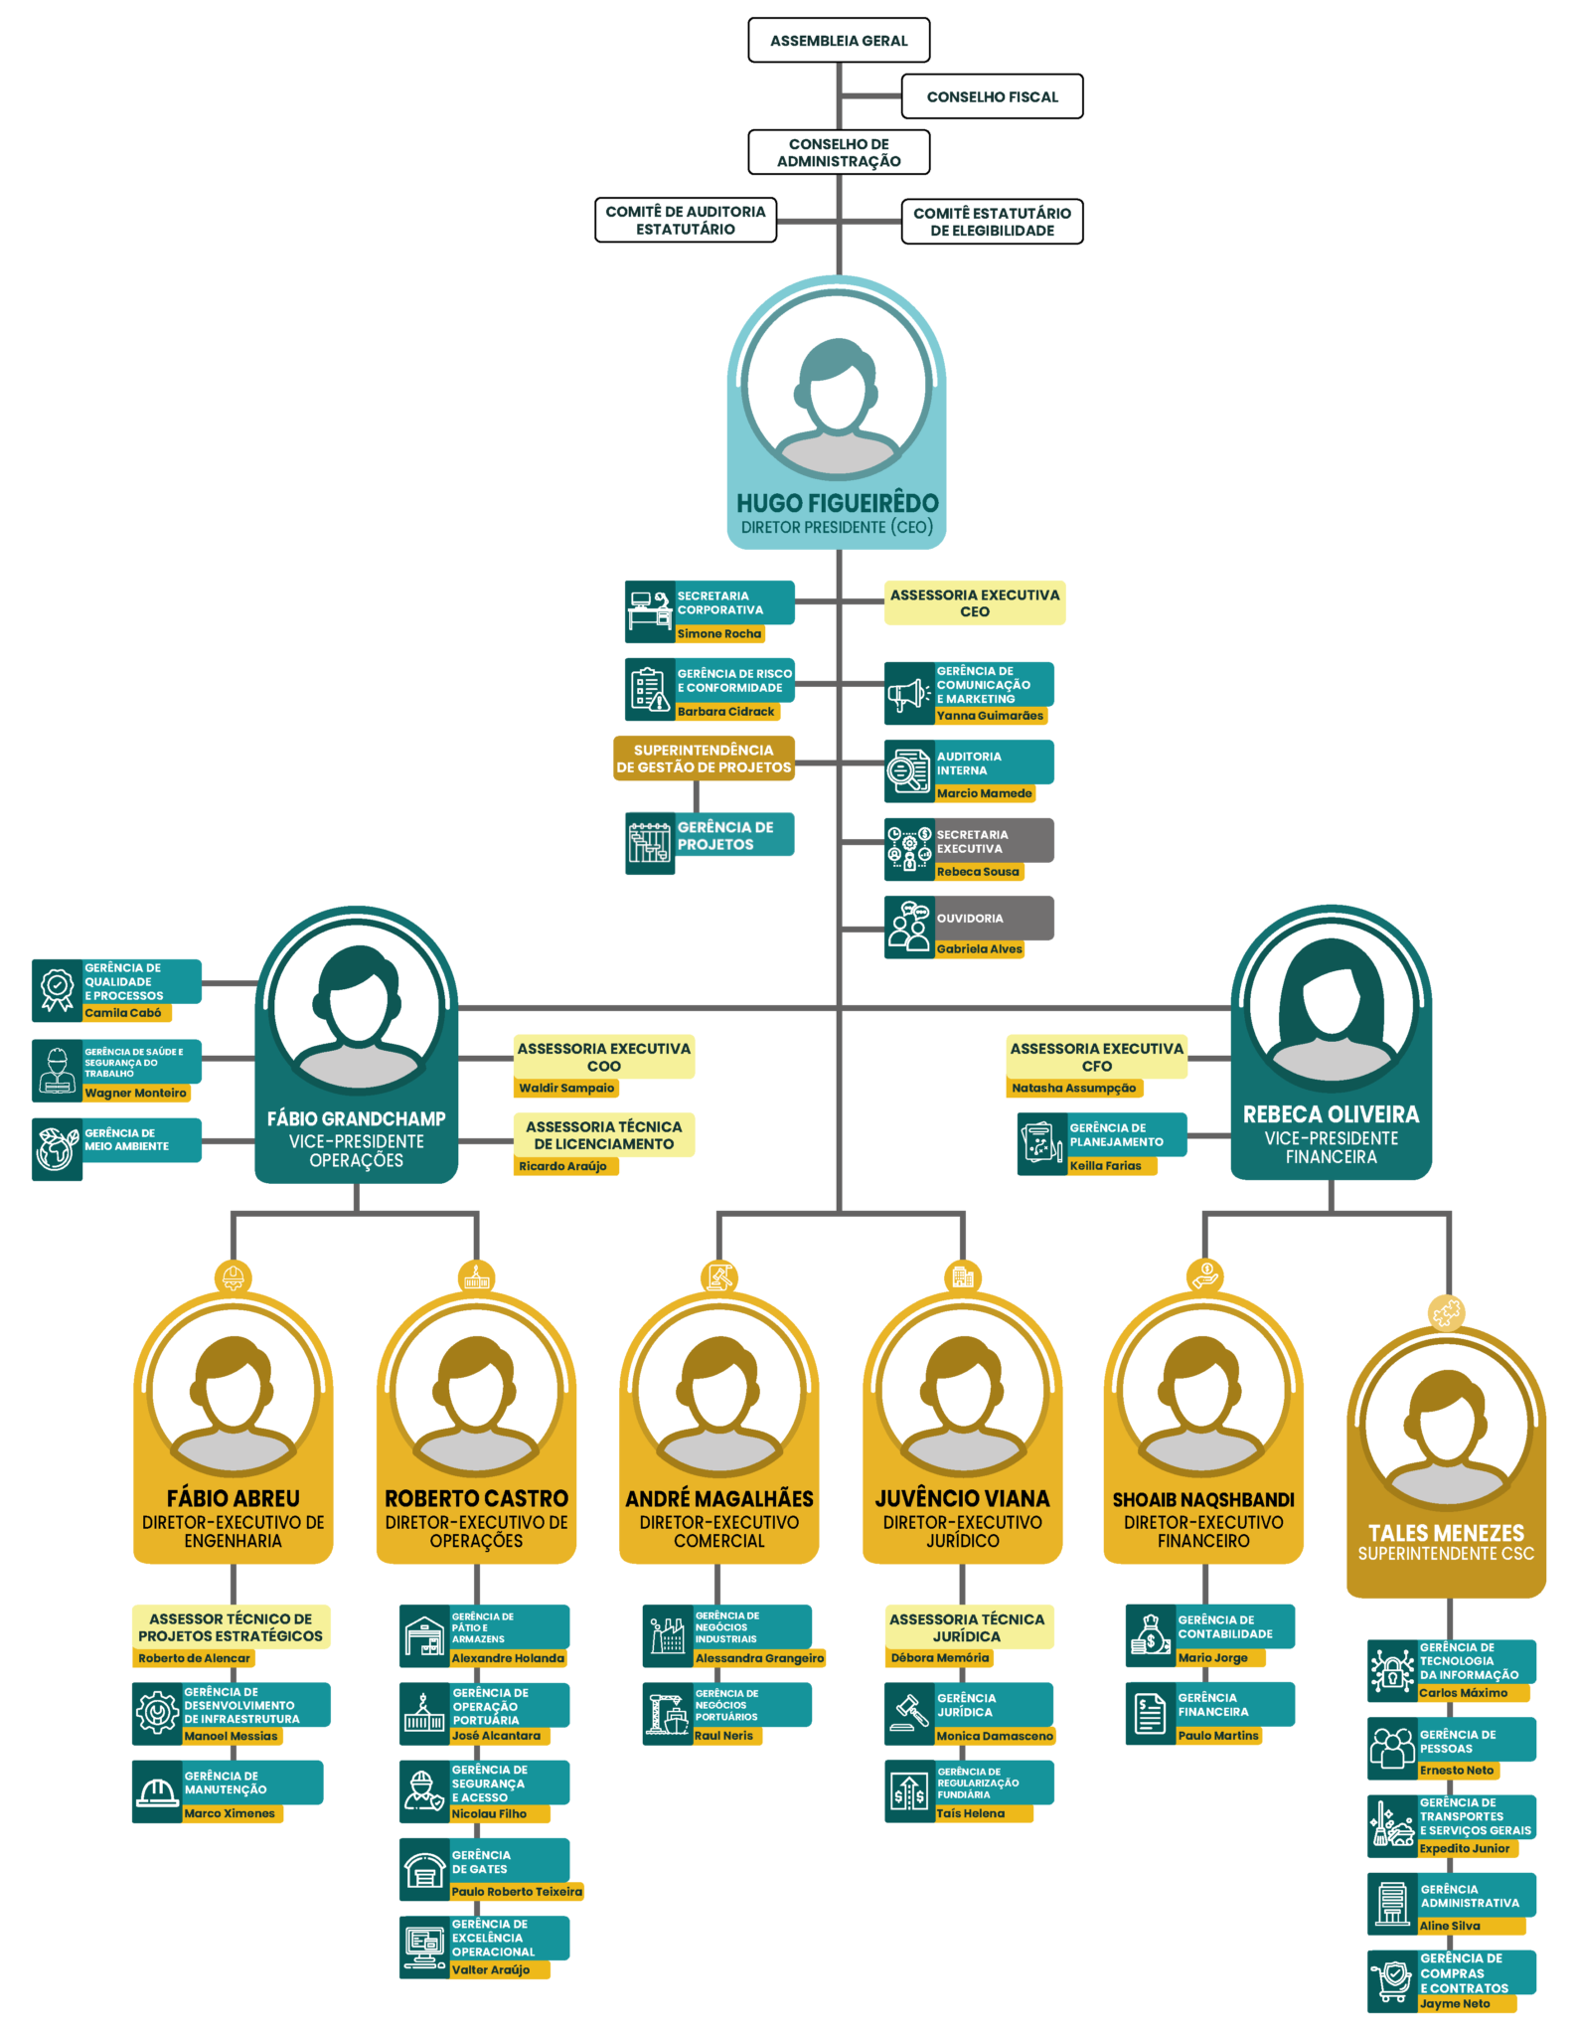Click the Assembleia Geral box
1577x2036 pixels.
pos(839,40)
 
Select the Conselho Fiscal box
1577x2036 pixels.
pos(992,96)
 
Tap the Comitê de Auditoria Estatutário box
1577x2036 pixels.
pos(686,220)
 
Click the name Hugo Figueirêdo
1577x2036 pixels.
pos(838,503)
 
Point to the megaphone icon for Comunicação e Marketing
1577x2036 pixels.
pos(908,694)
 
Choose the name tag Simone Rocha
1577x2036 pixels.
pos(719,633)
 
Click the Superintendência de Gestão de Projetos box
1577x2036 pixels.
pos(704,759)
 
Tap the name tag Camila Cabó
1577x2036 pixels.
pos(124,1013)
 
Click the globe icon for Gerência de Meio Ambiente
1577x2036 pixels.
pos(57,1149)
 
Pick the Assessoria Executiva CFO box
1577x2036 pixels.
pos(1097,1057)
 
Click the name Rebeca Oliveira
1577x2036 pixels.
pos(1331,1114)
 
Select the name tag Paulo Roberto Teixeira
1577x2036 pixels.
pos(517,1892)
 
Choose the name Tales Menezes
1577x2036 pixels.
pos(1446,1533)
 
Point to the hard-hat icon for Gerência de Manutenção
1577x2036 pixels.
pos(156,1791)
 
